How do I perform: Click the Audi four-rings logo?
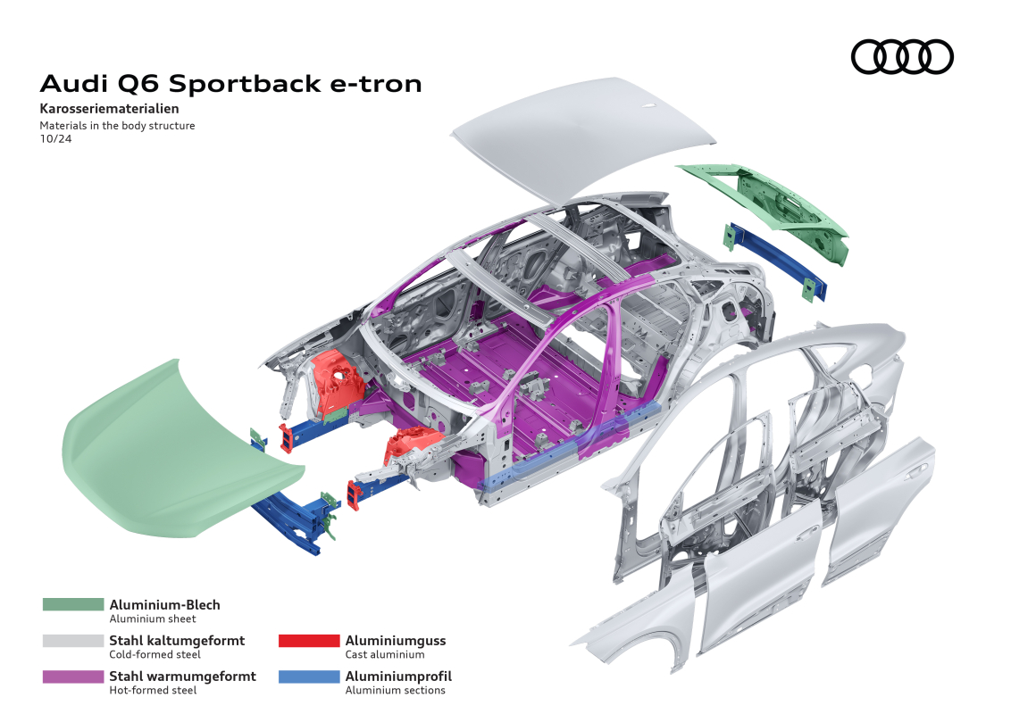[902, 57]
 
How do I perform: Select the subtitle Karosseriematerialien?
[109, 108]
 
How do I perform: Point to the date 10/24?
[55, 138]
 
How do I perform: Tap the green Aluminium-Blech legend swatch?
[73, 604]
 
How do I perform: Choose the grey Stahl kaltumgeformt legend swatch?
[73, 641]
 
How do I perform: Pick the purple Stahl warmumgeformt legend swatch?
[73, 677]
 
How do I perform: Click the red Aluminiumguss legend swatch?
[309, 641]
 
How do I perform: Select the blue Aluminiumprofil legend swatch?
[309, 677]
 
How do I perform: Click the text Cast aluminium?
[385, 655]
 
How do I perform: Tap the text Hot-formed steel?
[153, 690]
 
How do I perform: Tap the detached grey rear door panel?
[880, 509]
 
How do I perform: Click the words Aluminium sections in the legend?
[396, 690]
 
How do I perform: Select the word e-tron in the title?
[376, 85]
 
